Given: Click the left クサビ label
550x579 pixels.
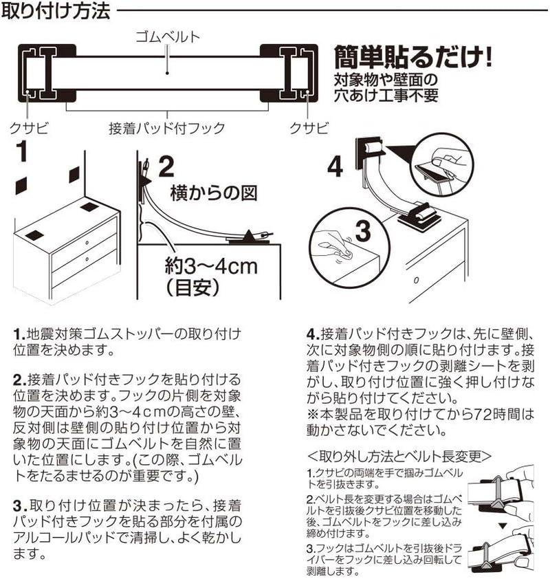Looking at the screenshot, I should tap(27, 128).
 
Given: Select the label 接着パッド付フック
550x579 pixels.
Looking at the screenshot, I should tap(168, 128).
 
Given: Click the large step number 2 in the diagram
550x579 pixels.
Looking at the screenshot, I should tap(166, 166).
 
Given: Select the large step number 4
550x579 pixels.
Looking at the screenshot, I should tap(335, 168).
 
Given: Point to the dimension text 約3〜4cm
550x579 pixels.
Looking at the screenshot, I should tap(210, 265).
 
